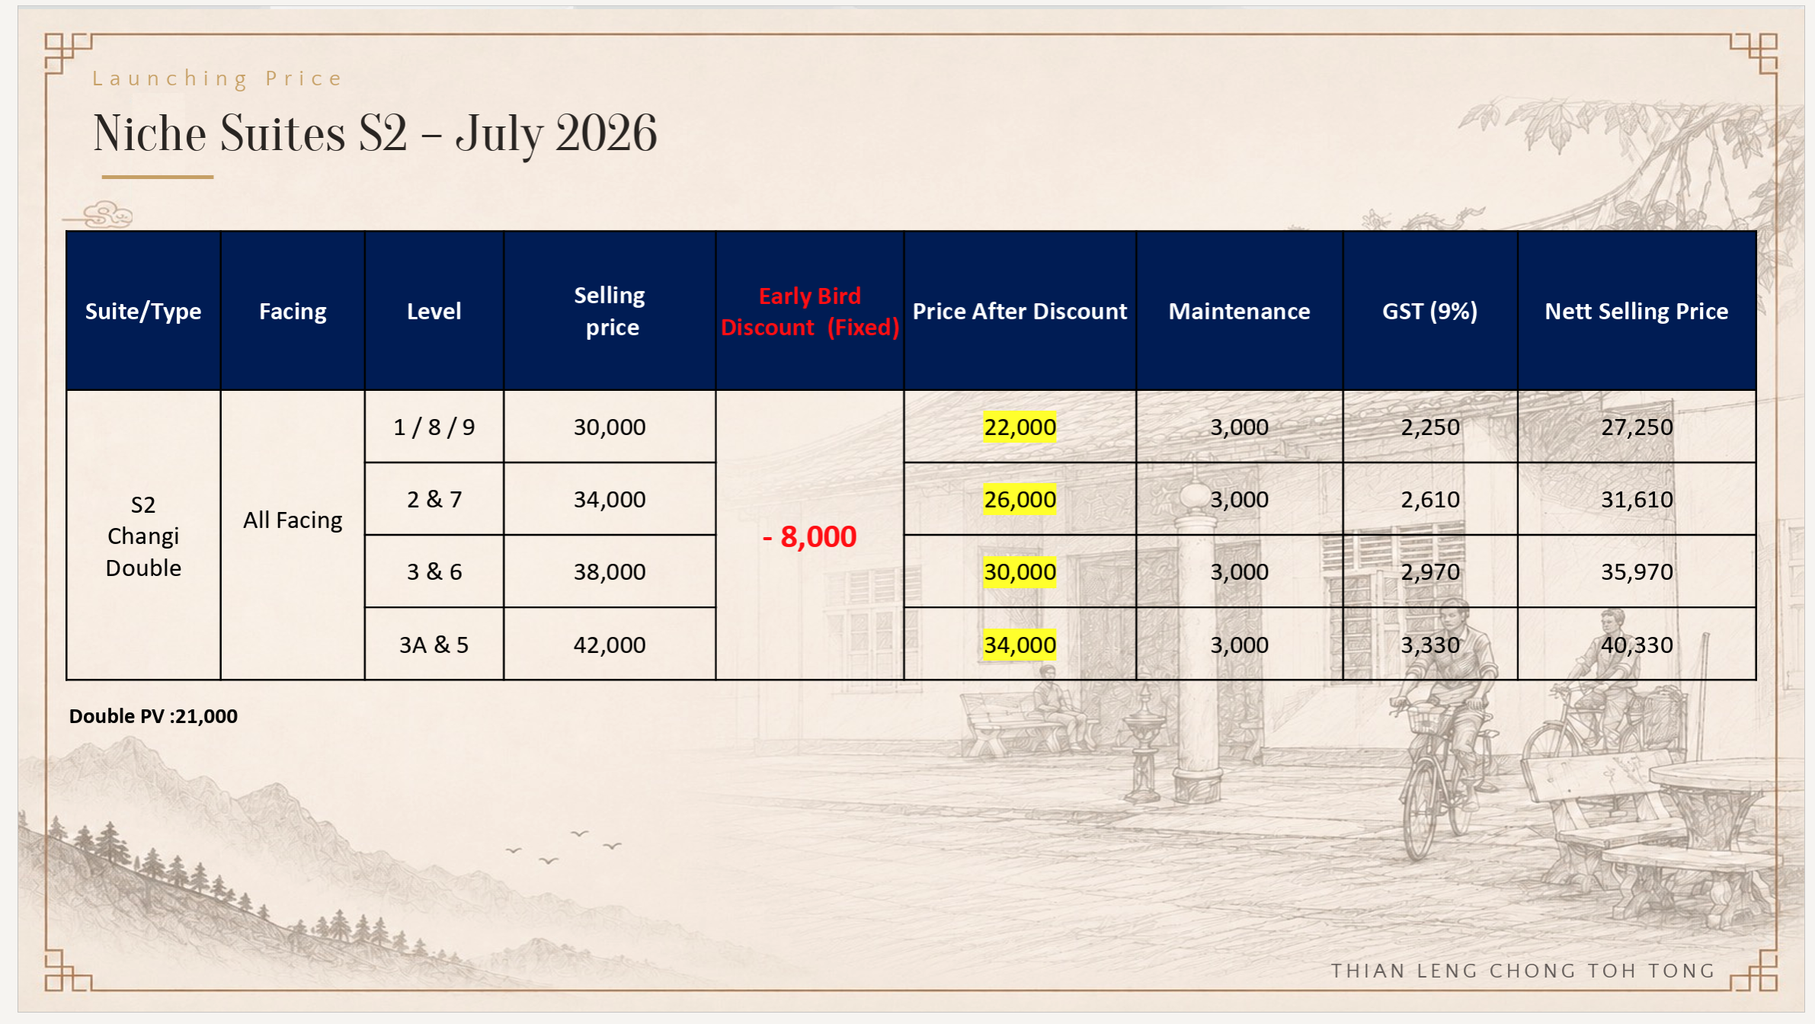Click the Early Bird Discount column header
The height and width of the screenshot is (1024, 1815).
click(x=809, y=311)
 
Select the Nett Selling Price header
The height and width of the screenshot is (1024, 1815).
click(x=1636, y=311)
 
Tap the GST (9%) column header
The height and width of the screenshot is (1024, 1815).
click(x=1429, y=311)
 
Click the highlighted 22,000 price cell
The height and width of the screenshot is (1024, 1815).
click(x=1020, y=427)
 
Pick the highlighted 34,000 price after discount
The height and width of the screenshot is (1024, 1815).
click(x=1020, y=645)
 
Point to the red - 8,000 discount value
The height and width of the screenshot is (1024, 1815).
click(x=809, y=536)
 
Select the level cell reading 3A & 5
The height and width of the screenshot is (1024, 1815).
click(x=434, y=645)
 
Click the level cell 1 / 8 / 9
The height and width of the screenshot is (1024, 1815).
click(x=434, y=427)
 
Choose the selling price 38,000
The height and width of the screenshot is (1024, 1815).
click(x=610, y=571)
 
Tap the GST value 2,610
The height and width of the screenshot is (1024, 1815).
click(x=1430, y=499)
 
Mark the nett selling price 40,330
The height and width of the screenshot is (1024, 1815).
click(x=1637, y=645)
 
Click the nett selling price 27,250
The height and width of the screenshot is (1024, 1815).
click(x=1637, y=427)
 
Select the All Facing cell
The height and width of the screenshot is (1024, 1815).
click(x=293, y=520)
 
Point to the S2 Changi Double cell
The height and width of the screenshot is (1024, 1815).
click(x=143, y=536)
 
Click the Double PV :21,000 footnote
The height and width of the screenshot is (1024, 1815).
click(x=153, y=715)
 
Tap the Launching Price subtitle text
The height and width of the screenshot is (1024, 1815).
click(x=218, y=78)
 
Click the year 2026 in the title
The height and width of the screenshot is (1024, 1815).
click(x=607, y=133)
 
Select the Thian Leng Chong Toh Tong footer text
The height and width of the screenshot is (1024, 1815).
click(x=1522, y=971)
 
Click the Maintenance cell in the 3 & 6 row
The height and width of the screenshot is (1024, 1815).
click(x=1239, y=571)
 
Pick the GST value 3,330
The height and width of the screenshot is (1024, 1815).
click(x=1430, y=645)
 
